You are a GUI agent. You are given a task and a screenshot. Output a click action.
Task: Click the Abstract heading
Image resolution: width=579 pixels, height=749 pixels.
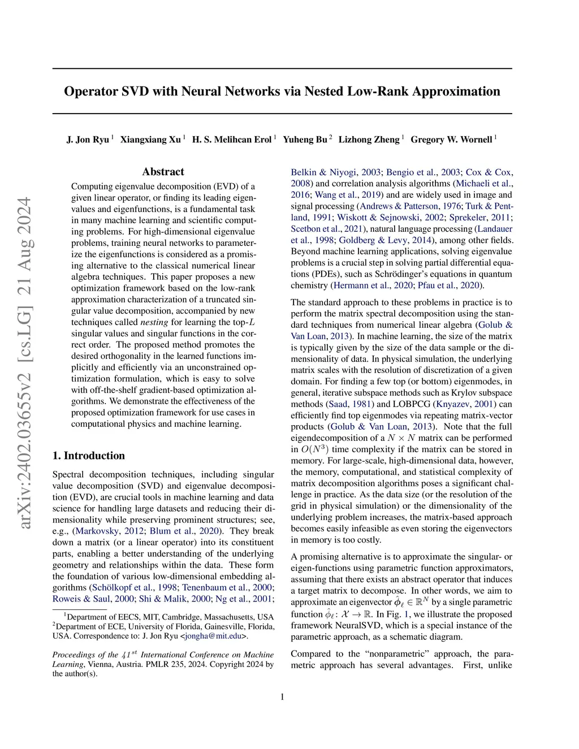click(163, 172)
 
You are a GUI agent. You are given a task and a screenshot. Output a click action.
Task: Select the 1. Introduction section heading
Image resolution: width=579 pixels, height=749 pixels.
click(88, 456)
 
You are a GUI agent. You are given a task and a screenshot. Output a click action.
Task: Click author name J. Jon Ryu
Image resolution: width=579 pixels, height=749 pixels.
click(88, 140)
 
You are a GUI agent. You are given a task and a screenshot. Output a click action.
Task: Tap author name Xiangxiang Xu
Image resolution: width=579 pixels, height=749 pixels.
click(150, 140)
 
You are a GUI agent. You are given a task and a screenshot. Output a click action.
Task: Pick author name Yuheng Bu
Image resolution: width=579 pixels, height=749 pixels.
click(305, 140)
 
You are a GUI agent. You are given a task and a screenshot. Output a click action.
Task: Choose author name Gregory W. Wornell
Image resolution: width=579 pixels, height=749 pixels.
click(451, 140)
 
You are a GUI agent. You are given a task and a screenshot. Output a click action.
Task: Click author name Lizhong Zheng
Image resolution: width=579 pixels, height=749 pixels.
click(369, 140)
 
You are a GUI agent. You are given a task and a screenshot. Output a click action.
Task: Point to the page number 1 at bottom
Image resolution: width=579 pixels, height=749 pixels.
click(282, 697)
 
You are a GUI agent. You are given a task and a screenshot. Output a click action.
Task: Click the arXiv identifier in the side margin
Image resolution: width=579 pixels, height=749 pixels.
click(25, 362)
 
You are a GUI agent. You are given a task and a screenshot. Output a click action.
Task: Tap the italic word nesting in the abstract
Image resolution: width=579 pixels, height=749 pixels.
click(154, 322)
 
